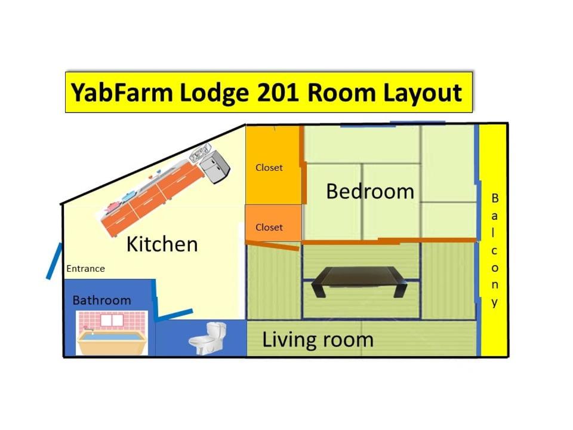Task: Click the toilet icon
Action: (x=208, y=339)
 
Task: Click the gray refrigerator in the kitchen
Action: (x=214, y=167)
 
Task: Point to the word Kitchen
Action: (x=162, y=244)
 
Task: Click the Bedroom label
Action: (x=370, y=191)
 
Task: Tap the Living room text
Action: (x=318, y=340)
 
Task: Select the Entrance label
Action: (x=85, y=269)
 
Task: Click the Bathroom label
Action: (x=101, y=300)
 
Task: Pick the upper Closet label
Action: (x=269, y=167)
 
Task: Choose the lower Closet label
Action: (x=269, y=227)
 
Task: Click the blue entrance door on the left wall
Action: (x=54, y=261)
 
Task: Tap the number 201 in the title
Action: (x=278, y=92)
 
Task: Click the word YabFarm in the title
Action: (x=122, y=92)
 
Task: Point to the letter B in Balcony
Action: (x=495, y=198)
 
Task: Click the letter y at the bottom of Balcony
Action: (x=494, y=303)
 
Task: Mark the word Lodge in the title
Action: (x=214, y=93)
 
